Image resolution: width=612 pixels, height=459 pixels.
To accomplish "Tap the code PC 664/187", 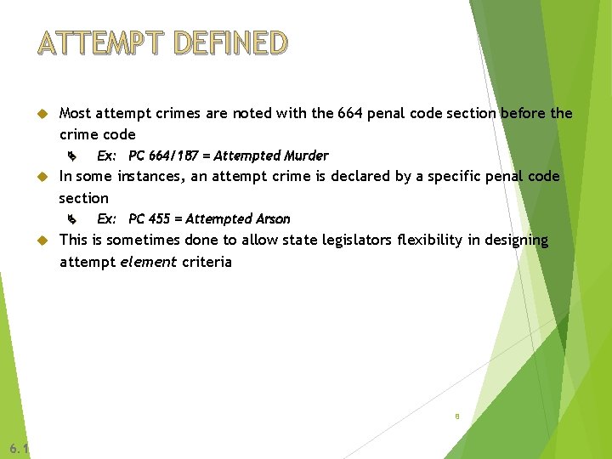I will coord(163,156).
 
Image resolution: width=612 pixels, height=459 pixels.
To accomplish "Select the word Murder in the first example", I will coord(306,156).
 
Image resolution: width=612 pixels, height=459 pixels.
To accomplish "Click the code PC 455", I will coord(149,219).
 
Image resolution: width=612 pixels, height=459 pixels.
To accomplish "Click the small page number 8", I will coord(457,416).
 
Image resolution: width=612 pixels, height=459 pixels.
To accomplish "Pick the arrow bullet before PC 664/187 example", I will coord(72,156).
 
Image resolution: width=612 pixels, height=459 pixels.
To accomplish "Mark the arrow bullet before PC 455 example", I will coord(72,220).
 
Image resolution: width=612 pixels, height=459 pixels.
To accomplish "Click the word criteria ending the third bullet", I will coord(206,262).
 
